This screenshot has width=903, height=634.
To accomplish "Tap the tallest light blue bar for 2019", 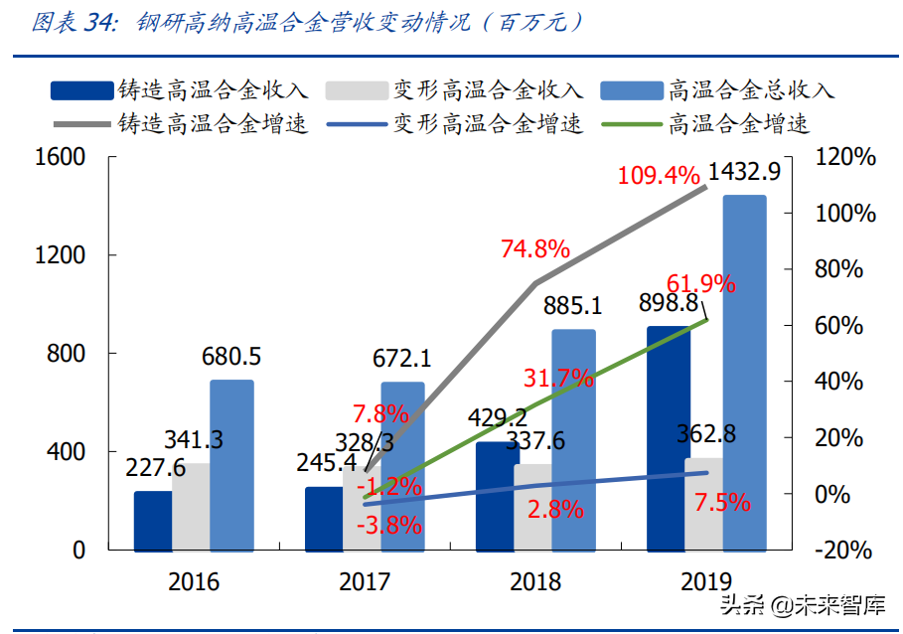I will coord(744,373).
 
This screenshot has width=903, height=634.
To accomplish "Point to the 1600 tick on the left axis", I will coord(61,157).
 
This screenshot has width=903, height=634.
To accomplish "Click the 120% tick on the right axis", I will coord(843,157).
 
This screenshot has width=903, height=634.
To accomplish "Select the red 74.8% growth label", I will coord(534,248).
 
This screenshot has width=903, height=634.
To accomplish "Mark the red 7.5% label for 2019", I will coord(721,503).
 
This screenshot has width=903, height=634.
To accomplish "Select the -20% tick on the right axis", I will coord(843,550).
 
